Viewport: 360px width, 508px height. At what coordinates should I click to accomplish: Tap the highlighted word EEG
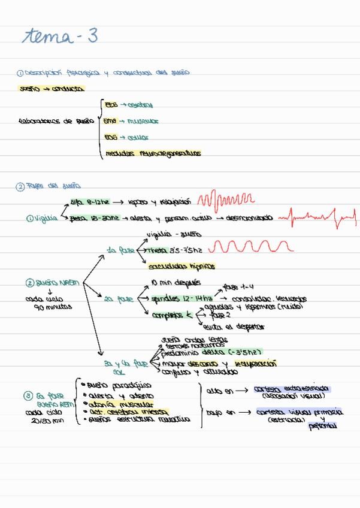(x=111, y=104)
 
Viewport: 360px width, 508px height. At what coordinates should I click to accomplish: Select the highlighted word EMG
(x=111, y=120)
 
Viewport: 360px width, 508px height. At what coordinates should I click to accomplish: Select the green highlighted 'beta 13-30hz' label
(x=95, y=218)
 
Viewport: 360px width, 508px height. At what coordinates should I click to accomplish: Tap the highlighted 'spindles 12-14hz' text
(x=176, y=298)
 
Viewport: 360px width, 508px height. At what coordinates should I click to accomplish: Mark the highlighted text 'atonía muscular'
(x=120, y=404)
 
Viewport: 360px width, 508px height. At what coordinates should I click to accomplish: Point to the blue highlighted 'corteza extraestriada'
(x=292, y=389)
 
